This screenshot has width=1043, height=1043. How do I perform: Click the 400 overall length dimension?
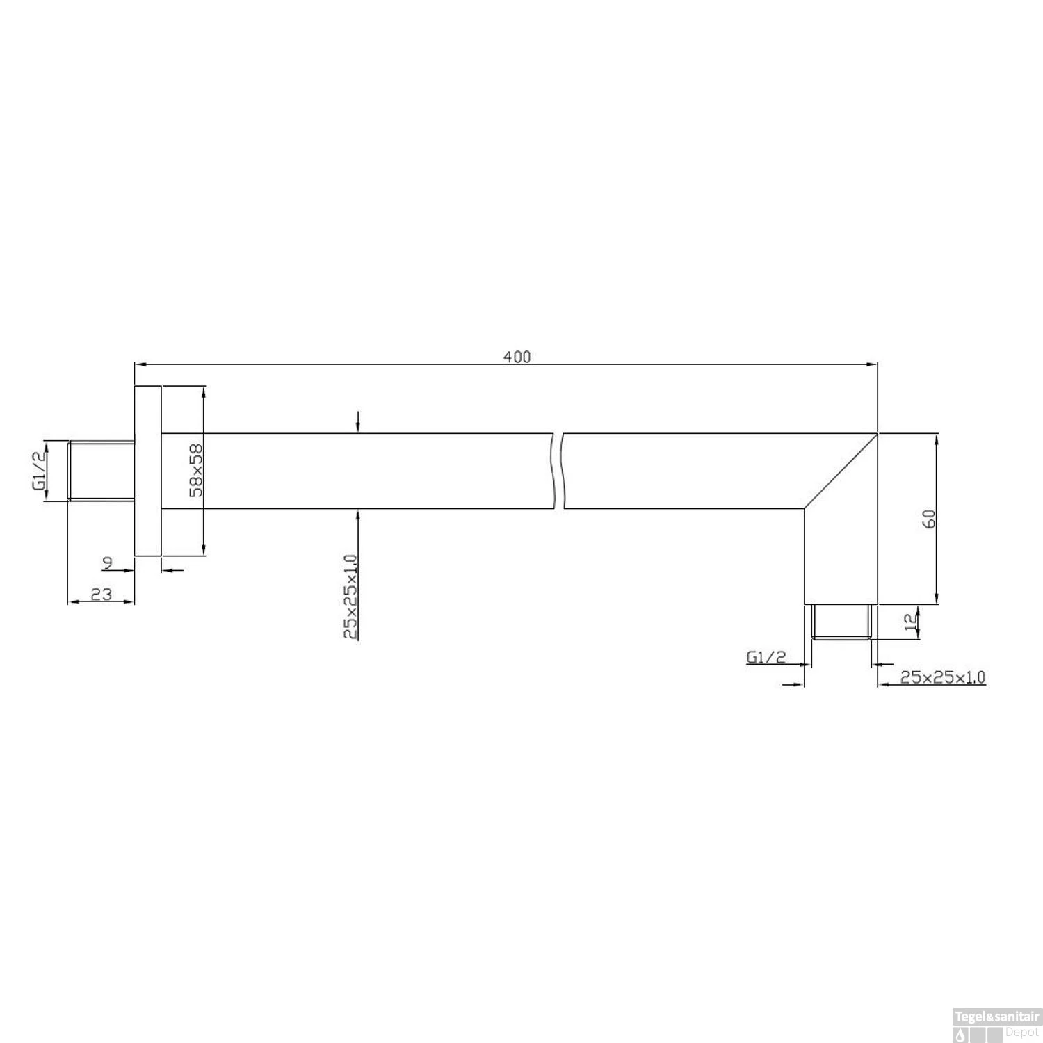[x=517, y=357]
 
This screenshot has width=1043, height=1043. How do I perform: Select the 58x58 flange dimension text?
[x=197, y=471]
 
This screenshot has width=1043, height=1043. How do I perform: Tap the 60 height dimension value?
[x=929, y=519]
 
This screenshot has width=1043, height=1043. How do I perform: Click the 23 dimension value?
[x=102, y=595]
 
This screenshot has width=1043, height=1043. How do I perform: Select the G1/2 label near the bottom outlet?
[x=766, y=656]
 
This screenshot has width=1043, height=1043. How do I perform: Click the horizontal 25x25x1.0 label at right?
[x=942, y=677]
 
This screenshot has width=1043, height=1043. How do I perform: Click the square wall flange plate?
[x=147, y=471]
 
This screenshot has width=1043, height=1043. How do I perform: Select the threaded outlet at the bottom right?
[x=841, y=622]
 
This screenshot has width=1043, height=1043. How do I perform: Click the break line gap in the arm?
[x=558, y=471]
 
